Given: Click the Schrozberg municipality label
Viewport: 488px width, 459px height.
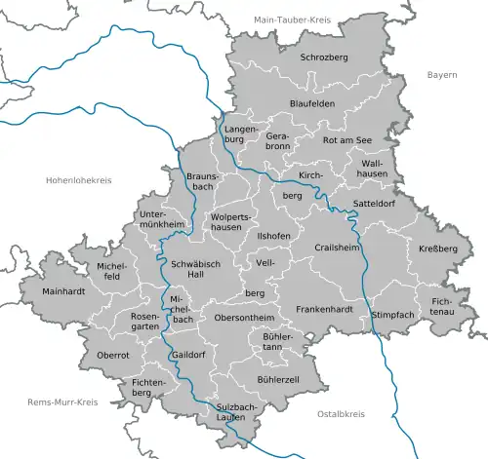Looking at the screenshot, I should click(x=325, y=57).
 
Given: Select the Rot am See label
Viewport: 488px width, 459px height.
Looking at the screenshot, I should click(x=347, y=140).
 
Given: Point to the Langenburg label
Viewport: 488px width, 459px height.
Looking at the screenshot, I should click(x=240, y=134).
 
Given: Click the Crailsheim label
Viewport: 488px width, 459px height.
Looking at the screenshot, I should click(x=338, y=248).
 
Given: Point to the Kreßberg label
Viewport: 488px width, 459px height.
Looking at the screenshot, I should click(x=441, y=249).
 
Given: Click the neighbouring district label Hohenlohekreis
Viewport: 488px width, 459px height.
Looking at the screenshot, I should click(x=79, y=180).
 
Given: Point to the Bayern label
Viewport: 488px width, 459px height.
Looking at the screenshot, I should click(x=442, y=74).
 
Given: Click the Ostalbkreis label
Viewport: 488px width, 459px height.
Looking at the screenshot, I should click(x=339, y=414).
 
